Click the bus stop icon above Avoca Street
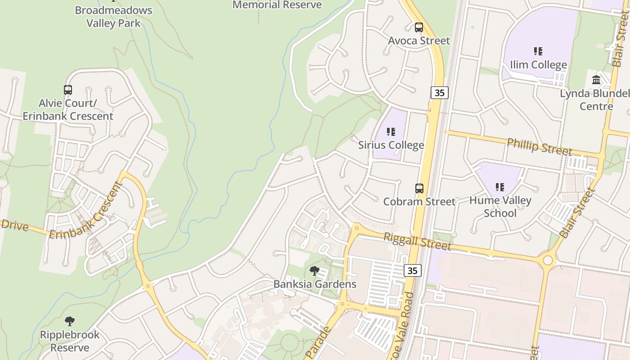(x=419, y=27)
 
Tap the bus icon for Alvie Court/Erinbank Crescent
(x=68, y=90)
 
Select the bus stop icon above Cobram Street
(x=419, y=189)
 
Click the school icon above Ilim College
(x=538, y=51)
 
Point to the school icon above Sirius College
(x=391, y=132)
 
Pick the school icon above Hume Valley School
(x=500, y=187)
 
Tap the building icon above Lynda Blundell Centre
(x=597, y=80)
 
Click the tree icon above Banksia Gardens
(x=315, y=271)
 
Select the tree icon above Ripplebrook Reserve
(x=70, y=321)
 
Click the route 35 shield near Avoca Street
(x=440, y=93)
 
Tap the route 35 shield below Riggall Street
(x=413, y=270)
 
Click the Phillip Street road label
(x=539, y=147)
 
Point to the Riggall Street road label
(x=417, y=241)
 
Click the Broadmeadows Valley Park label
(x=113, y=17)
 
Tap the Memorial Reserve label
(x=277, y=5)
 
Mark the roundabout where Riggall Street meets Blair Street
(x=548, y=260)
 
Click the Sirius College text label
(x=391, y=145)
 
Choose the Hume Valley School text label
(x=500, y=207)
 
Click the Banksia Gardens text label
(x=315, y=284)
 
